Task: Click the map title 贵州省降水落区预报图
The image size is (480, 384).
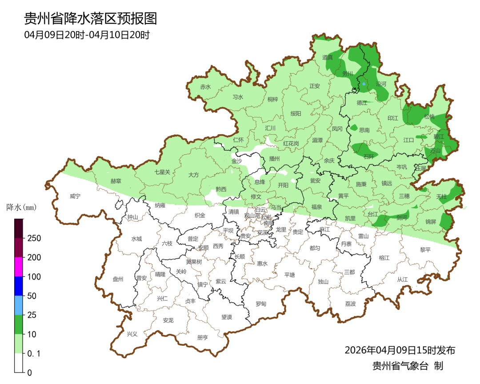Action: click(90, 18)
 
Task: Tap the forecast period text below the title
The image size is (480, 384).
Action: click(87, 35)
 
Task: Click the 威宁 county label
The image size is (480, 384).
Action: click(76, 196)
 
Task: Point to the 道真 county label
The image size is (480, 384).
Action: click(328, 57)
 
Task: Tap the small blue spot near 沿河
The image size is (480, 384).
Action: click(364, 84)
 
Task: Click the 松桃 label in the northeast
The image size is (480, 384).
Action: click(429, 117)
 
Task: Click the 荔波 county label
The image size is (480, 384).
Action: click(350, 304)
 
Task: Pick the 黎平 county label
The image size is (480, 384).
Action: click(425, 250)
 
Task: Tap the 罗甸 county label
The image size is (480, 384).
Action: click(261, 304)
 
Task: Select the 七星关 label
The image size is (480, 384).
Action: click(162, 172)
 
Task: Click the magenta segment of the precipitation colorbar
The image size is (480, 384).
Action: click(18, 267)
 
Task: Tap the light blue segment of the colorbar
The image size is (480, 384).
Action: click(18, 305)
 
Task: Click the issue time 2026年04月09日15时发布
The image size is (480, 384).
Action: click(400, 350)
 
